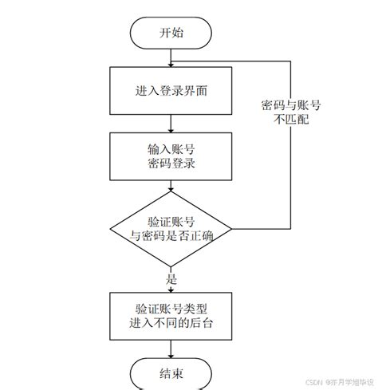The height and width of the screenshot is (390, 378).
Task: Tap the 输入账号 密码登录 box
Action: [x=171, y=156]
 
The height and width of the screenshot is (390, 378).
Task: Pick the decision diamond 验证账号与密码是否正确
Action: [x=171, y=229]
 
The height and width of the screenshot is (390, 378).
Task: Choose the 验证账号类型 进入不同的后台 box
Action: [x=171, y=314]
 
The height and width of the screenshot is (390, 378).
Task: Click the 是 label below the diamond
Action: [x=170, y=280]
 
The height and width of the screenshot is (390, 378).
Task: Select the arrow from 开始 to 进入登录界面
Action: [x=171, y=57]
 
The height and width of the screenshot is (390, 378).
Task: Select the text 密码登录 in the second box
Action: [x=171, y=164]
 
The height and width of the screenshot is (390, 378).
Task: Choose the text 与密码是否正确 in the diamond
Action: [x=171, y=237]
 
